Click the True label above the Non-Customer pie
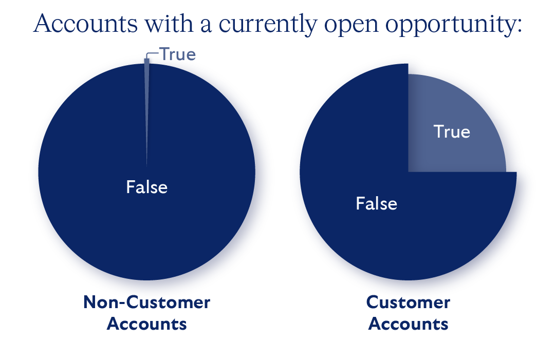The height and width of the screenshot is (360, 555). click(x=178, y=54)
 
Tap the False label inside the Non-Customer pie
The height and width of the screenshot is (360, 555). click(x=146, y=187)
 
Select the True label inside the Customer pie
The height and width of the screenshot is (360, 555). click(x=452, y=132)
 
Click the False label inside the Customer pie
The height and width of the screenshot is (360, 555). click(x=376, y=204)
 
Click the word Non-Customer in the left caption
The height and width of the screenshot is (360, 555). click(x=146, y=302)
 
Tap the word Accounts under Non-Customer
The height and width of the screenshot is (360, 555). click(x=146, y=324)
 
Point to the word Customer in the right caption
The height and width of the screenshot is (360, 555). click(x=408, y=302)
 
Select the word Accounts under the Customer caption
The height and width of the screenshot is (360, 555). click(x=408, y=324)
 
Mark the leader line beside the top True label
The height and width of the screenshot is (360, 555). click(x=153, y=52)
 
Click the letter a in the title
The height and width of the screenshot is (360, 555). click(x=207, y=25)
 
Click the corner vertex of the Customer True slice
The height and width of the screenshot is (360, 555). click(x=409, y=172)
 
